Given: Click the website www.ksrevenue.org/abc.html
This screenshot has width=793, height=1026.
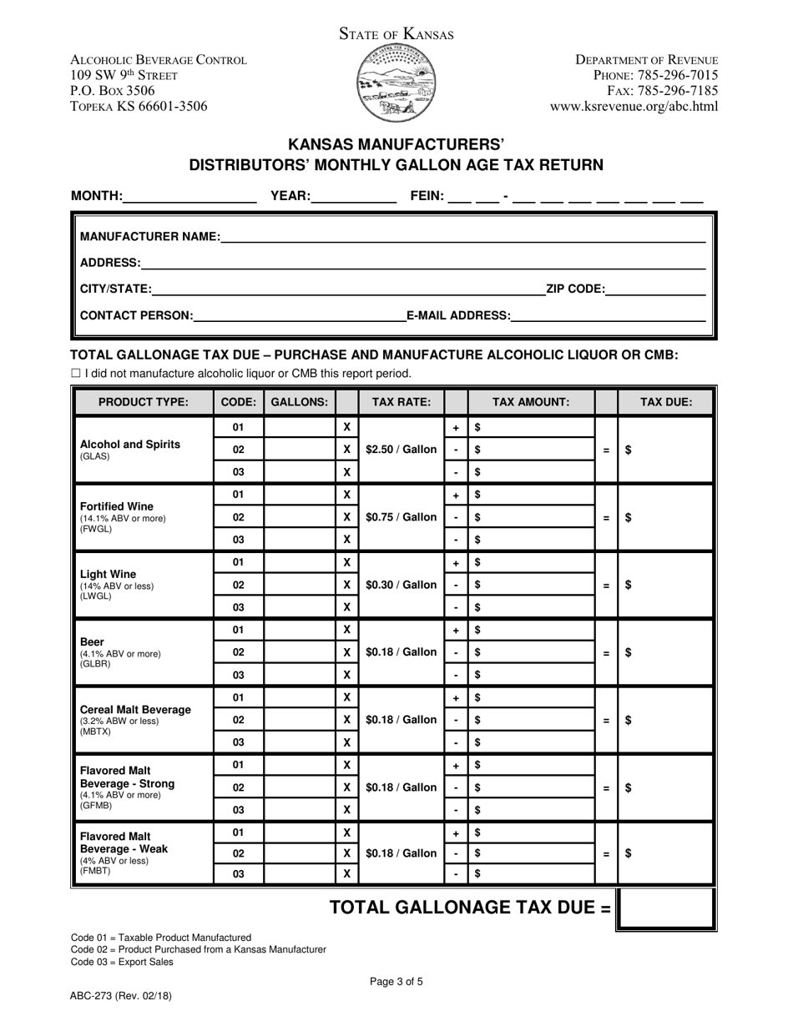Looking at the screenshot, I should click(x=634, y=106).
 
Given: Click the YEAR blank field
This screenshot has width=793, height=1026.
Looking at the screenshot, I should click(x=354, y=197).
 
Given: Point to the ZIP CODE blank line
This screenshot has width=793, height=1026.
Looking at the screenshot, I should click(x=656, y=289).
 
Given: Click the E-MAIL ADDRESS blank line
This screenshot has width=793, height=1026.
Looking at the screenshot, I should click(x=609, y=315).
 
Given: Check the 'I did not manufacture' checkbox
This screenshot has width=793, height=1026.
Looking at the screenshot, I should click(x=76, y=374).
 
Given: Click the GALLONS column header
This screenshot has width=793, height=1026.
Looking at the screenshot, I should click(x=299, y=401).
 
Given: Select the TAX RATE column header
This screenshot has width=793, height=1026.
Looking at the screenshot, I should click(x=402, y=401).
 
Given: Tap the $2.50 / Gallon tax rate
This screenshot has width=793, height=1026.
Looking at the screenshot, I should click(x=402, y=450).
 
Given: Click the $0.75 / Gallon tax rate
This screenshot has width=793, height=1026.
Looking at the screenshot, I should click(x=402, y=517).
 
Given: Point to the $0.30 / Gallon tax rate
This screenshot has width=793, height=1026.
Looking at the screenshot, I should click(x=402, y=585).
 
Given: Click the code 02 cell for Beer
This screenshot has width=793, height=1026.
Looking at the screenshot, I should click(x=239, y=652).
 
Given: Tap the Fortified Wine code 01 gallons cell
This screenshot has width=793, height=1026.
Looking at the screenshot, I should click(x=299, y=495).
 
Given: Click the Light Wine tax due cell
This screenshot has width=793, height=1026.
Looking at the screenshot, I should click(x=666, y=585).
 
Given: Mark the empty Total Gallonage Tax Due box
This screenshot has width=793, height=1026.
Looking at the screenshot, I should click(x=665, y=908).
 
